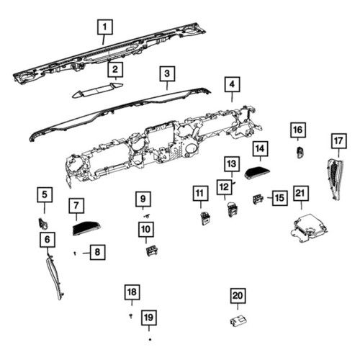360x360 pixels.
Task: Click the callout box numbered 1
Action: coord(105,27)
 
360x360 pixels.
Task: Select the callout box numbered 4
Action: coord(232,84)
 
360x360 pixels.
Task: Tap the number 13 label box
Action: coord(232,164)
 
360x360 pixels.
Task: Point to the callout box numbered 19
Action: coord(149,318)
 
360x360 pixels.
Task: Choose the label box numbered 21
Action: coord(301,193)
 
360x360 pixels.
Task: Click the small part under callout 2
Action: coord(98,91)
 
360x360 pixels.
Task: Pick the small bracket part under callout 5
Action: coord(43,223)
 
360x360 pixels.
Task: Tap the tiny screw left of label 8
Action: coord(75,253)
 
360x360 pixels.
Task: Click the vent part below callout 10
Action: coord(152,251)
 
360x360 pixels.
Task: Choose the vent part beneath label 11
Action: coord(205,218)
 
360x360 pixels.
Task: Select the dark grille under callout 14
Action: coord(257,173)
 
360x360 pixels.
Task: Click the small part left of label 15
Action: coord(258,199)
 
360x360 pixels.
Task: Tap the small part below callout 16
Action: coord(300,153)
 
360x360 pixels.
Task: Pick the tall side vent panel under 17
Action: coord(335,179)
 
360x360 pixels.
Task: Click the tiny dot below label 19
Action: coord(150,339)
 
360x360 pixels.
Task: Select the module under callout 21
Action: coord(308,228)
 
